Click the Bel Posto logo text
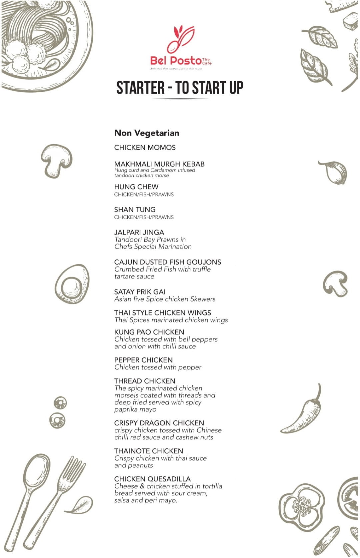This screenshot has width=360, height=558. [x=176, y=61]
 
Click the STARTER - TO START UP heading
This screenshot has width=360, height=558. [x=180, y=88]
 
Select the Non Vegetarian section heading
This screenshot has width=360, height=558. [x=147, y=133]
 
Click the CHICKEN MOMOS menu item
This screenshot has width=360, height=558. [x=145, y=148]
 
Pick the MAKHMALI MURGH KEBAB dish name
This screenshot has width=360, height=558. [x=159, y=164]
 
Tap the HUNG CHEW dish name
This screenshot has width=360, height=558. [x=136, y=187]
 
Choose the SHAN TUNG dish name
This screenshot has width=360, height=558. [x=135, y=210]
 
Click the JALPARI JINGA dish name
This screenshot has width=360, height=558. [x=139, y=232]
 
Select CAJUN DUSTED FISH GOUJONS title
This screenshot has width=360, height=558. [x=168, y=262]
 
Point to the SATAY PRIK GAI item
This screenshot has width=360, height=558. [x=140, y=292]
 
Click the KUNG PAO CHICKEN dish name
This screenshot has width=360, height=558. [x=149, y=332]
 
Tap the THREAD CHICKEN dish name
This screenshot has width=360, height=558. [x=145, y=381]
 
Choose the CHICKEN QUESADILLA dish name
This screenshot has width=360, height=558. [x=152, y=479]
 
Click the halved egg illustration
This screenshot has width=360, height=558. [x=72, y=284]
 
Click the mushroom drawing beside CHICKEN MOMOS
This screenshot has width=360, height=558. [x=57, y=160]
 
